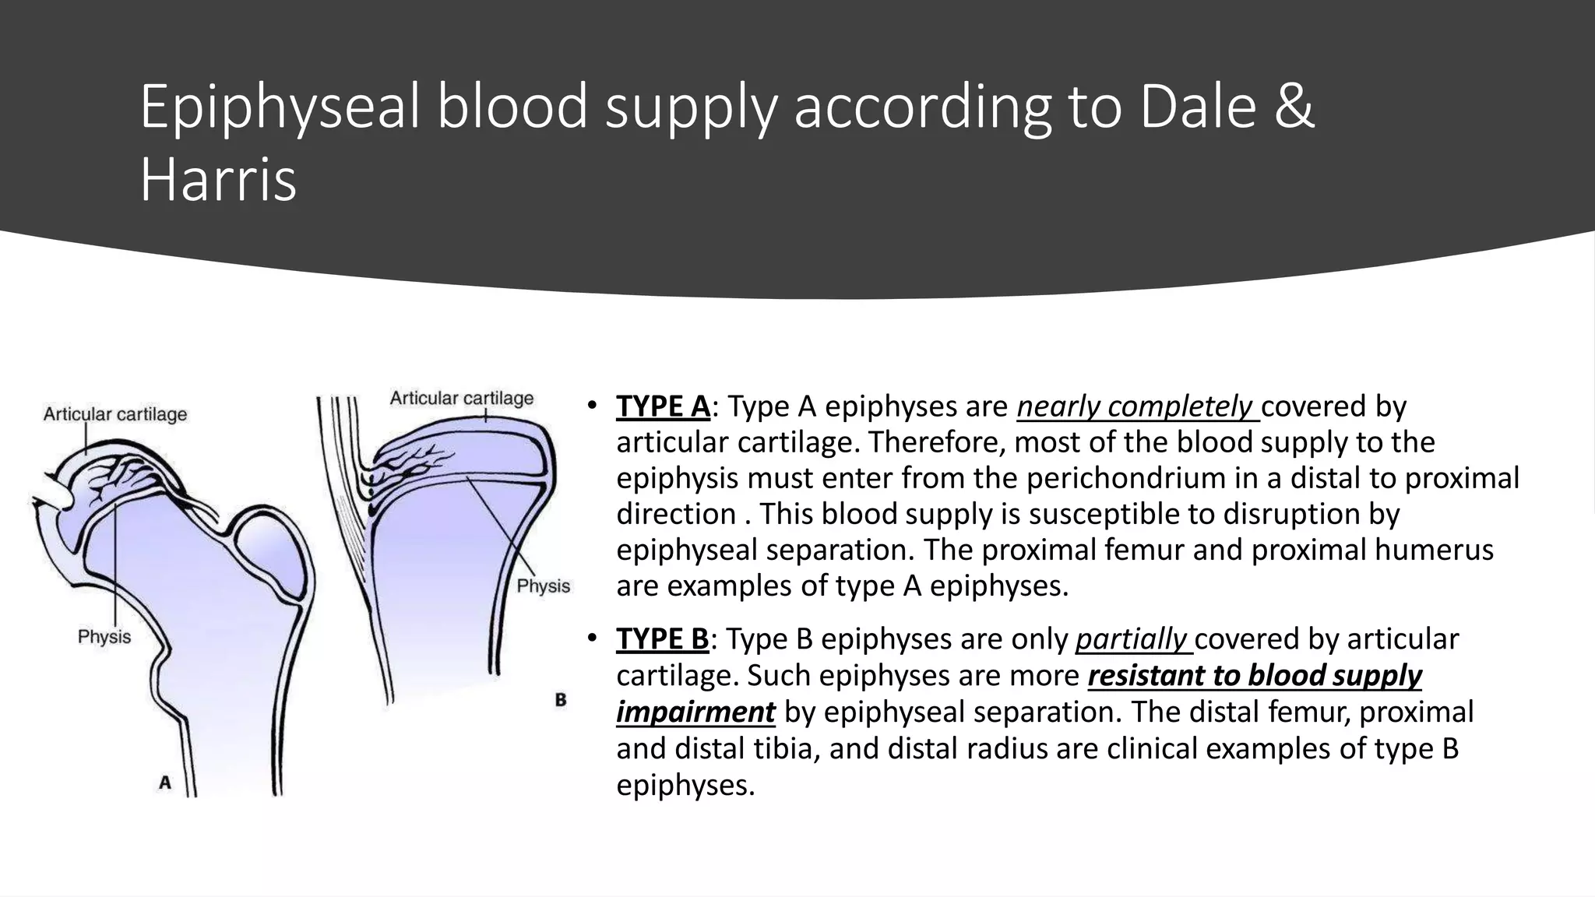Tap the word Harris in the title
click(x=218, y=181)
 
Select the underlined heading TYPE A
click(x=663, y=406)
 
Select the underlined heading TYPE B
click(x=662, y=639)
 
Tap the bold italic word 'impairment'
click(x=695, y=712)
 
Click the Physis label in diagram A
click(x=104, y=637)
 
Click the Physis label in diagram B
click(x=544, y=586)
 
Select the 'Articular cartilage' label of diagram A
click(x=115, y=414)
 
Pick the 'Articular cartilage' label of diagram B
click(x=462, y=399)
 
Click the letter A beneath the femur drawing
click(x=165, y=783)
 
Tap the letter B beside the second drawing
click(x=561, y=699)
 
